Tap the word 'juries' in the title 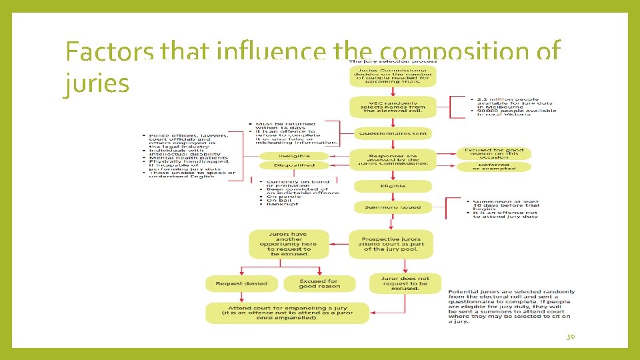[97, 84]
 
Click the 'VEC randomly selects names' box [393, 107]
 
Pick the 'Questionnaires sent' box [393, 133]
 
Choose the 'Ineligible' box [294, 156]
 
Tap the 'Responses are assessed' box [393, 159]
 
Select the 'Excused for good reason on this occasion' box [493, 153]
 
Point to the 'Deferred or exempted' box [493, 167]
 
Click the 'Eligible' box [393, 186]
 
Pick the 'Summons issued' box [393, 207]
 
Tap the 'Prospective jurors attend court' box [391, 244]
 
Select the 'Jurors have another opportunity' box [289, 244]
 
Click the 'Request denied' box [241, 283]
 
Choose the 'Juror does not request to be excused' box [405, 283]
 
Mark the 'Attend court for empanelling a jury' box [287, 313]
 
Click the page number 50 [570, 337]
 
